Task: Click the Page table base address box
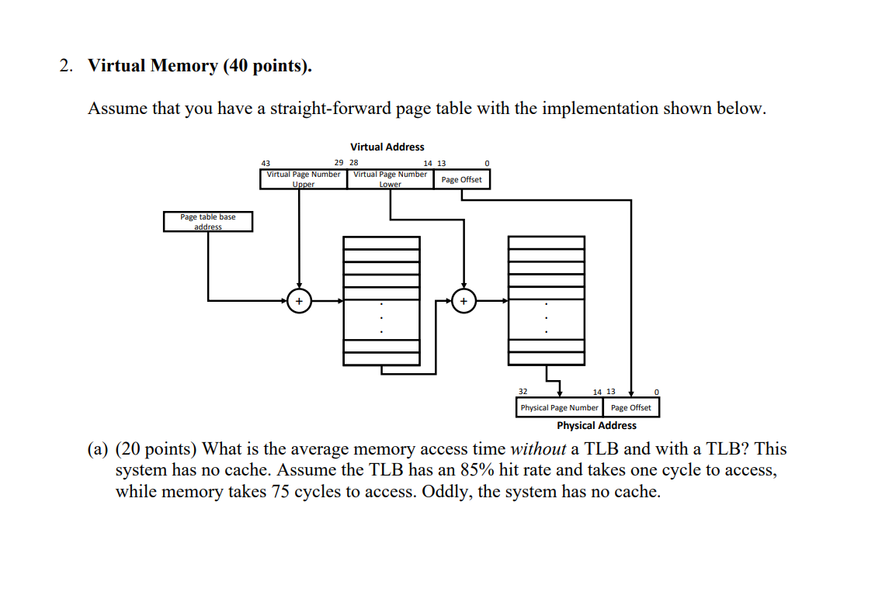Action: point(207,221)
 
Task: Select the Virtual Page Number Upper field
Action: point(303,179)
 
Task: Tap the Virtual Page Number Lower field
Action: point(390,179)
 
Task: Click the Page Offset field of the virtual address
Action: point(461,179)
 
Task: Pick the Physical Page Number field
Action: point(559,407)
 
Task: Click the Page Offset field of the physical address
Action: point(630,407)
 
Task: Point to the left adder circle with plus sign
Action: point(299,300)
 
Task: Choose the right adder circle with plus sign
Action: point(464,300)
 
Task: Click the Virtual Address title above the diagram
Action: point(387,147)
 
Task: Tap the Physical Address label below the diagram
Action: point(596,425)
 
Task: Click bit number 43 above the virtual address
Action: point(266,163)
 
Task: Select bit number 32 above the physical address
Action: point(523,392)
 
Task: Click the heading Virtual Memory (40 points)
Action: point(200,66)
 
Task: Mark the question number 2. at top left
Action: point(68,66)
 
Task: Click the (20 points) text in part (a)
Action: point(156,448)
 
